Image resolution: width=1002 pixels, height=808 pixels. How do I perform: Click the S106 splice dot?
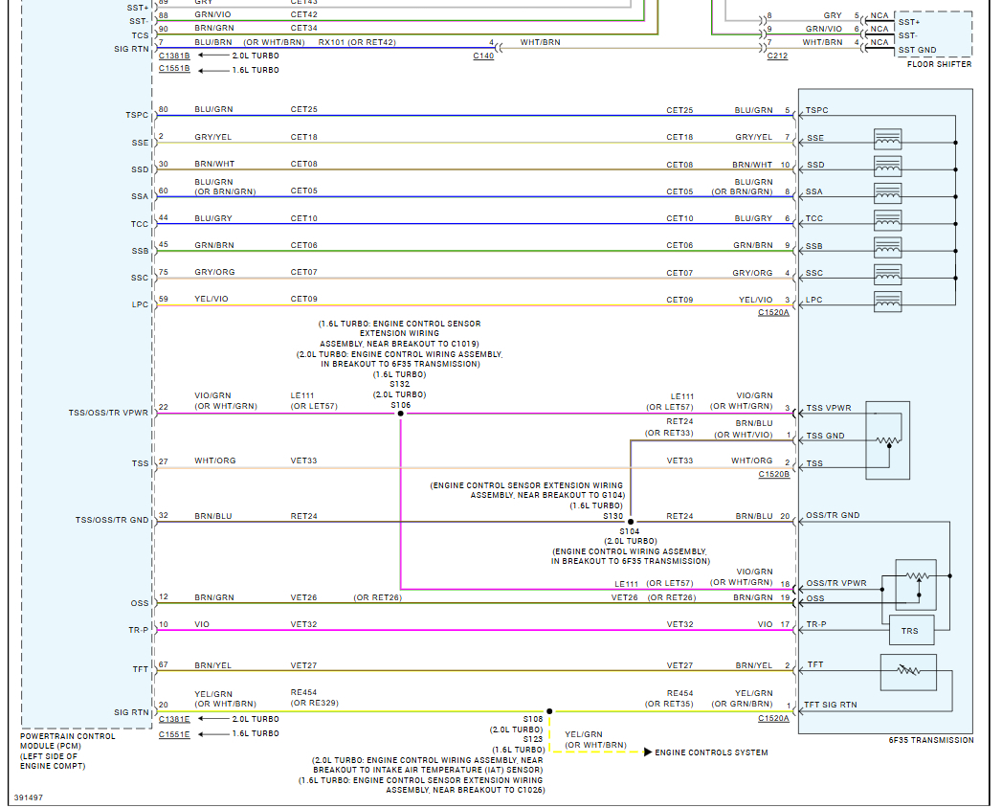tap(400, 415)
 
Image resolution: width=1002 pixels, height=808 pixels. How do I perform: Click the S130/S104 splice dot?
tap(630, 522)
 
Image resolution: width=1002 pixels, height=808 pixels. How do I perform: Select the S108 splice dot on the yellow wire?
tap(549, 711)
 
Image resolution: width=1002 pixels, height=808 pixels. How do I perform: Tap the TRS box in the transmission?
tap(909, 631)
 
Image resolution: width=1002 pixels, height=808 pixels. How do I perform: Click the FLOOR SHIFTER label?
tap(939, 64)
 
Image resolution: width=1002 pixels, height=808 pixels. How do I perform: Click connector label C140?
tap(483, 56)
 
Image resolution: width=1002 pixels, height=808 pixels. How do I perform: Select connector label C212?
tap(777, 56)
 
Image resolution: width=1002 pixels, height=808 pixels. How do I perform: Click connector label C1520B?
tap(773, 474)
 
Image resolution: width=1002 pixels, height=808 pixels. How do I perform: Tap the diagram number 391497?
tap(29, 797)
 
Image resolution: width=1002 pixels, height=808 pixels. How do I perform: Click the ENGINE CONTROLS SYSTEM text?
tap(711, 752)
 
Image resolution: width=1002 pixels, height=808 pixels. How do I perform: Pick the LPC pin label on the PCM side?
tap(140, 305)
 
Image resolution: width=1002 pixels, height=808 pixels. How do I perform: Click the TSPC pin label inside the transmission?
tap(818, 111)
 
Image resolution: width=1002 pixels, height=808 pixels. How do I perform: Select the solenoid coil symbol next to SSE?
tap(887, 138)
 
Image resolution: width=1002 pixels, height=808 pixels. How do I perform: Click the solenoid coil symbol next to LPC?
tap(887, 301)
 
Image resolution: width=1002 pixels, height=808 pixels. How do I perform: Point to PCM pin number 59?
tap(163, 299)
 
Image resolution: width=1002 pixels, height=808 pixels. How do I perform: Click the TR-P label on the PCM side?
tap(140, 630)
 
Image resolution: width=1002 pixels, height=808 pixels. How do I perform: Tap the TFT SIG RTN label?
tap(831, 706)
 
